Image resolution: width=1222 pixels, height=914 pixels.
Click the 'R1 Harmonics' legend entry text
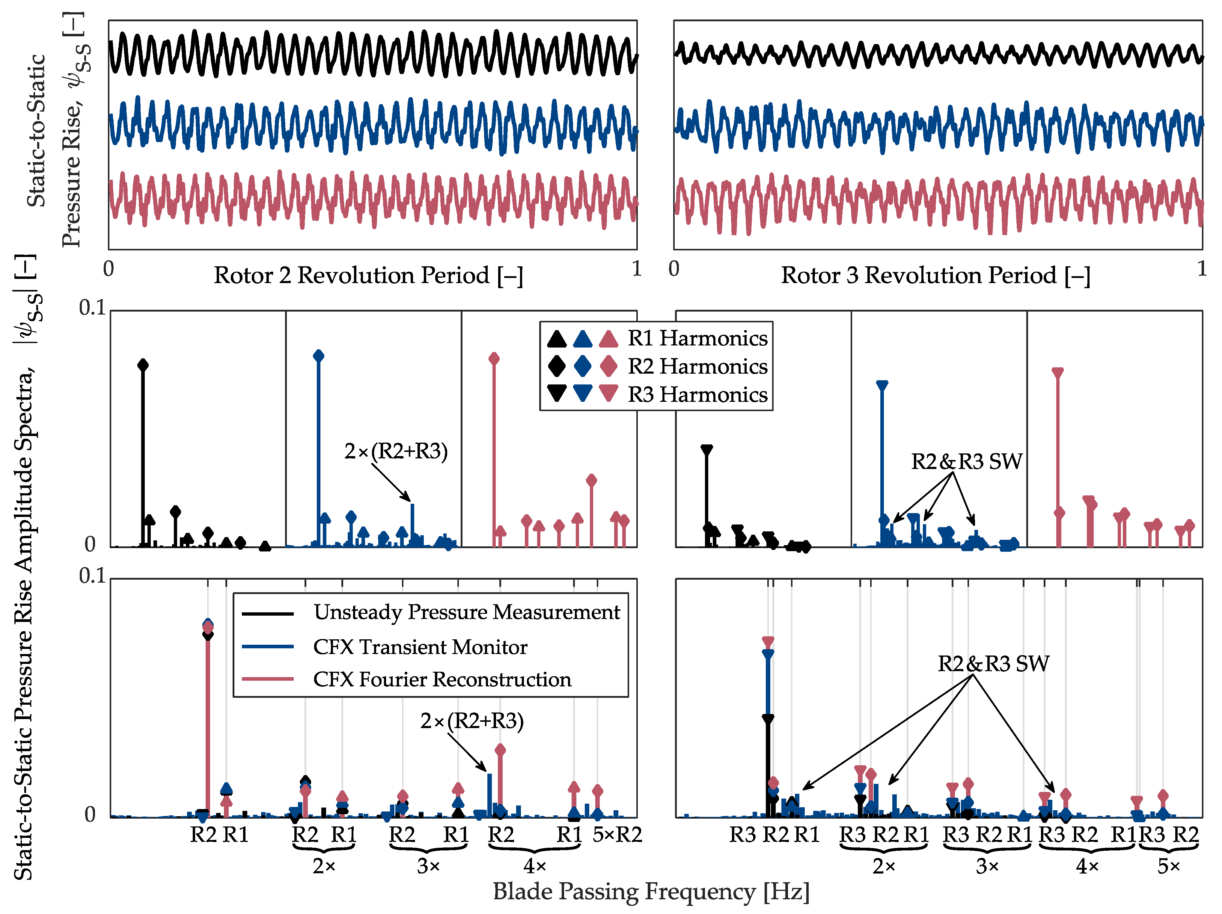coord(697,338)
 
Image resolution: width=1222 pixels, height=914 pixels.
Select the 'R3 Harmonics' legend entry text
coord(697,395)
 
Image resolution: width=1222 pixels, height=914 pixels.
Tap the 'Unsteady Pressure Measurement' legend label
coord(467,612)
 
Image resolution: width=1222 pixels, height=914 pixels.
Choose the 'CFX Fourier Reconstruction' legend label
coord(442,679)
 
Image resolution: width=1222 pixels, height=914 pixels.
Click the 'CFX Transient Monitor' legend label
coord(420,647)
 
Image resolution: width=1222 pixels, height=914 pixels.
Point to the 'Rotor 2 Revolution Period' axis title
coord(368,275)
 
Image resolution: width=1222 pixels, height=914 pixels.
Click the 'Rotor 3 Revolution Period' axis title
coord(935,275)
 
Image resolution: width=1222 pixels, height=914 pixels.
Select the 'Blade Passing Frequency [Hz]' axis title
coord(651,891)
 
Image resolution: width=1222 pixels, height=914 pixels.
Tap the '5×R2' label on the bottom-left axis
coord(617,835)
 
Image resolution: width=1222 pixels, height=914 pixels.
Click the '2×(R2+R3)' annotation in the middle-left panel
coord(396,452)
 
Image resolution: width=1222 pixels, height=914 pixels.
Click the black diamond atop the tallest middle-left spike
coord(143,365)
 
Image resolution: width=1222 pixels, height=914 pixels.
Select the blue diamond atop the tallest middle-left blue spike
coord(319,356)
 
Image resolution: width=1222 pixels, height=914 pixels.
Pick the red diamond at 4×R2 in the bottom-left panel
coord(500,750)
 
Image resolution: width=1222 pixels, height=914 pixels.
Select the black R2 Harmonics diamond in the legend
coord(557,366)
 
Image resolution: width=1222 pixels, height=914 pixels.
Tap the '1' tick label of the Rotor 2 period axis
coord(636,269)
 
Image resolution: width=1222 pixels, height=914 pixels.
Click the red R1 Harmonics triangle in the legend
coord(608,338)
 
